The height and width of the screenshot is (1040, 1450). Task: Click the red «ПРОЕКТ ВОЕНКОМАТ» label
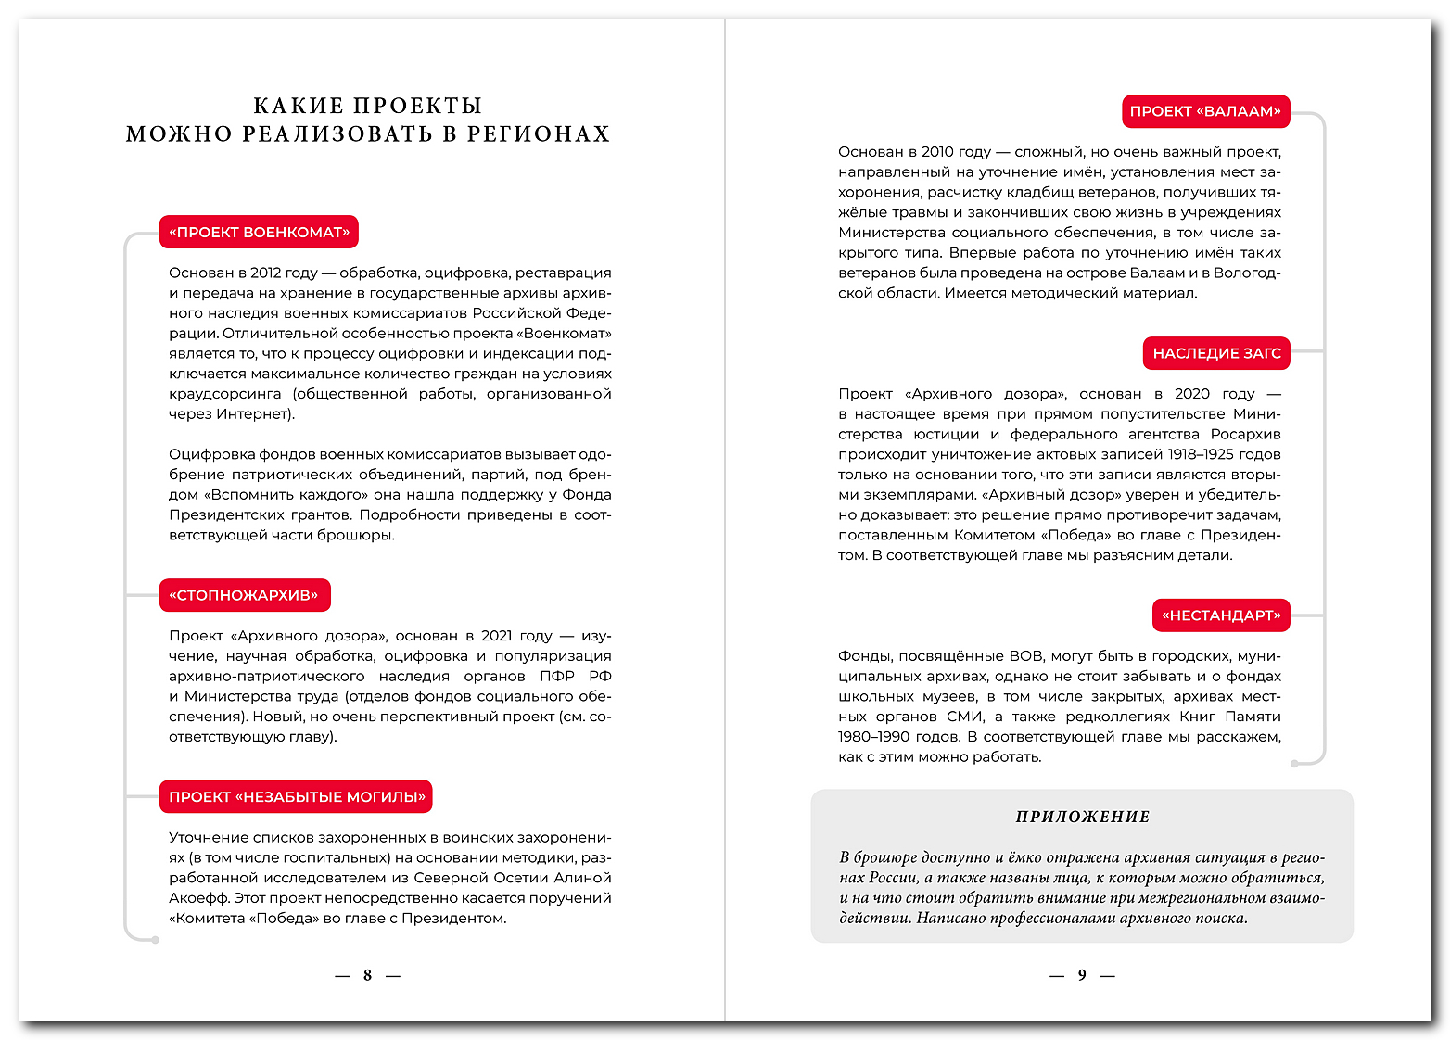point(259,232)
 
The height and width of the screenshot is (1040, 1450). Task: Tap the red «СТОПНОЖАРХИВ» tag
point(245,595)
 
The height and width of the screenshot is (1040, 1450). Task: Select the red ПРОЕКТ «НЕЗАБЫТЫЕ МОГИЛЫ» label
point(296,797)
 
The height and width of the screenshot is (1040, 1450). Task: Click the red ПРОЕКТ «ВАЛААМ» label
point(1205,111)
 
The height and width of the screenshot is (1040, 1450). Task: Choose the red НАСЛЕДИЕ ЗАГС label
point(1216,353)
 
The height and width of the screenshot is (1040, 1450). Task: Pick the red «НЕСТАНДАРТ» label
point(1220,615)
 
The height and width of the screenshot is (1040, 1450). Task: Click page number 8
point(367,975)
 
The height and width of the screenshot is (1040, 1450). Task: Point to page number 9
point(1082,975)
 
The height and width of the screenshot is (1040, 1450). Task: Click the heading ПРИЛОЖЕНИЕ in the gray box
point(1083,817)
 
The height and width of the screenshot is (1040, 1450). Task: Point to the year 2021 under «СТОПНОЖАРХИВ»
point(496,636)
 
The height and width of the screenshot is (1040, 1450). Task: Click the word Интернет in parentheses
point(252,414)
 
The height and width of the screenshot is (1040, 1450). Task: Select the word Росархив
point(1245,434)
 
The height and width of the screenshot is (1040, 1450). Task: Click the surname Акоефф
point(197,898)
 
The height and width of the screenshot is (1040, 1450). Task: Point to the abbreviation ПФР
point(557,677)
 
